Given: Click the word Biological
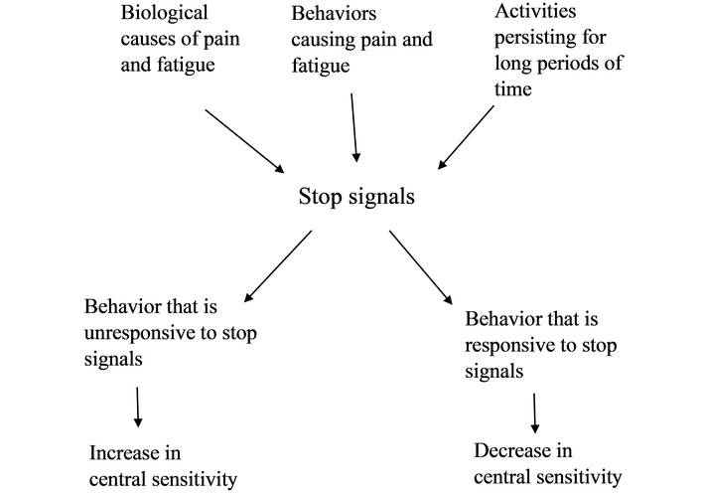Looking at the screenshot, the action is tap(164, 13).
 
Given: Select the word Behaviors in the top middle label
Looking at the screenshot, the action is tap(334, 13).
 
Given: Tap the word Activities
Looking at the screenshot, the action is tap(535, 11).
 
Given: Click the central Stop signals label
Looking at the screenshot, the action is tap(356, 197).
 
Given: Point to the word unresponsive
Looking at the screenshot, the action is tap(143, 333).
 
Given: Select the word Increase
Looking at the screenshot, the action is tap(126, 453).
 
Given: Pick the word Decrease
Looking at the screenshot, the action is tap(512, 450).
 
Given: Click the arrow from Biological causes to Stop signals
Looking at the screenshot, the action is tap(244, 141).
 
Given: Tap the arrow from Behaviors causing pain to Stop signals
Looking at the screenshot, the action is tap(353, 127).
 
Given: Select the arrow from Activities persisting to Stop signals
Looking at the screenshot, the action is tap(466, 137).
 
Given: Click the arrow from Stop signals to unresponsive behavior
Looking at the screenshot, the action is tap(278, 265).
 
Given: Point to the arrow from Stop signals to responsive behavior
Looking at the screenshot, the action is tap(421, 267).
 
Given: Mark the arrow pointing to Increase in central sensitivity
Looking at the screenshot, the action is tap(138, 408).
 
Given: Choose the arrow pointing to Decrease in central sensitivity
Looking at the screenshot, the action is tap(534, 413).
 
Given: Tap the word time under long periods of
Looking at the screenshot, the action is tap(512, 89).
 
